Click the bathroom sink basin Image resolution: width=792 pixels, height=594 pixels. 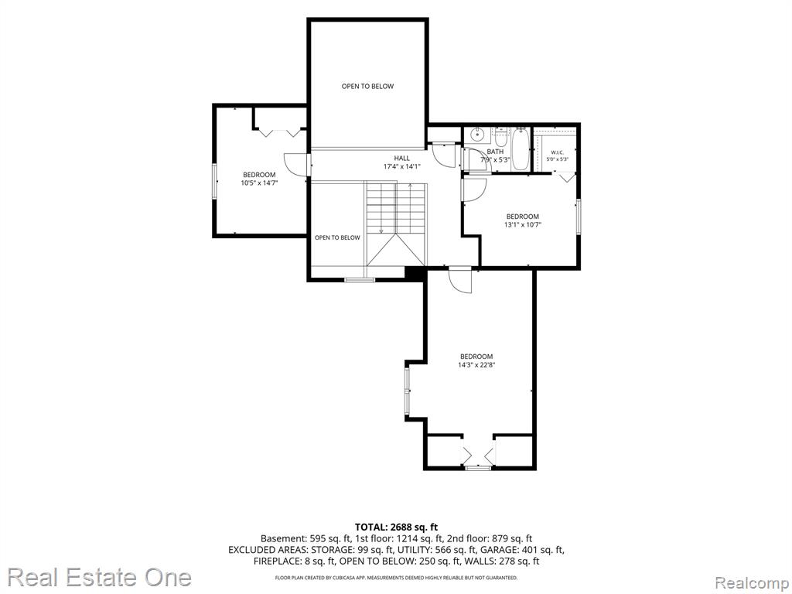(476, 135)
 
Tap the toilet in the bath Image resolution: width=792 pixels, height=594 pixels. (500, 136)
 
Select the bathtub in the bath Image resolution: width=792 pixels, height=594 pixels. (520, 149)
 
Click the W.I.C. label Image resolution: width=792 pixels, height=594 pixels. (557, 152)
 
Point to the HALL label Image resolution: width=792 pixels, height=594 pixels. (402, 158)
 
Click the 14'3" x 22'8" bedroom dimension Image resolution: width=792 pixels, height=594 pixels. (476, 364)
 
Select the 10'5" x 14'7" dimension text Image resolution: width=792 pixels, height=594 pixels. (259, 183)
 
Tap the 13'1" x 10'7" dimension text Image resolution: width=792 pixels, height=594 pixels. (522, 225)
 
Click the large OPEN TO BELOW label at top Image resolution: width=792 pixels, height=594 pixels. (367, 87)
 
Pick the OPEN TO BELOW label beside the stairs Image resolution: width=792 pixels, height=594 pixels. (337, 237)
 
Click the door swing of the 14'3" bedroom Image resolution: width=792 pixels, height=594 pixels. (460, 281)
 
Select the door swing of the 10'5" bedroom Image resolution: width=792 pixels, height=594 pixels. (295, 165)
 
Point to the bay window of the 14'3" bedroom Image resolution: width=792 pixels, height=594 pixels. (408, 392)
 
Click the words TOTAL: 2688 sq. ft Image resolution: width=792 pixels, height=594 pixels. (396, 527)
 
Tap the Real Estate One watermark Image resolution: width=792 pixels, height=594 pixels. (99, 577)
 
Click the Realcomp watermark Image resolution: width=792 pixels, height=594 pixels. (752, 583)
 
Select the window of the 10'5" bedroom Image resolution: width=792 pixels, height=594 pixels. (214, 181)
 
